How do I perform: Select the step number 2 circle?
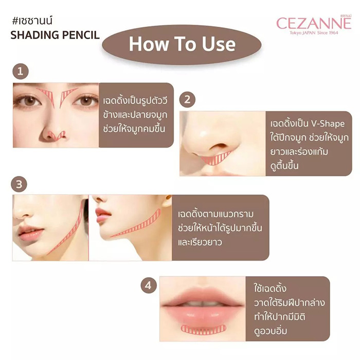tap(188, 99)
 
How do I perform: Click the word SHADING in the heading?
tap(35, 37)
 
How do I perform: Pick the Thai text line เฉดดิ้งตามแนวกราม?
tap(215, 213)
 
